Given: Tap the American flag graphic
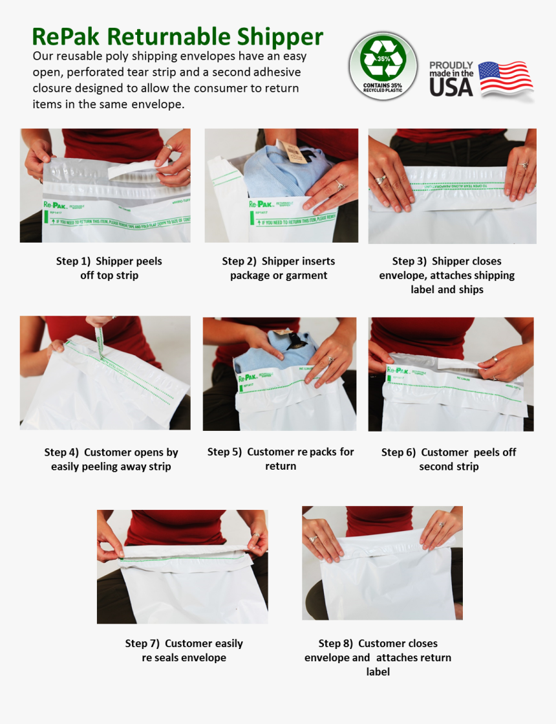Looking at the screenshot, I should [506, 78].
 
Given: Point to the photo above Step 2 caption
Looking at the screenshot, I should [281, 186].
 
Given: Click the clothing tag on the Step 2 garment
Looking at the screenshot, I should [295, 153].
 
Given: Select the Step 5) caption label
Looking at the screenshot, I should [224, 452].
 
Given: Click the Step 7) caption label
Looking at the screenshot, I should [142, 643].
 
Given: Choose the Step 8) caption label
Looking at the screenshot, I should [336, 643].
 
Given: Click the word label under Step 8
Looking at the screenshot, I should [378, 672].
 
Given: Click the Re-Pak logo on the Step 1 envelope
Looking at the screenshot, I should [55, 204].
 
